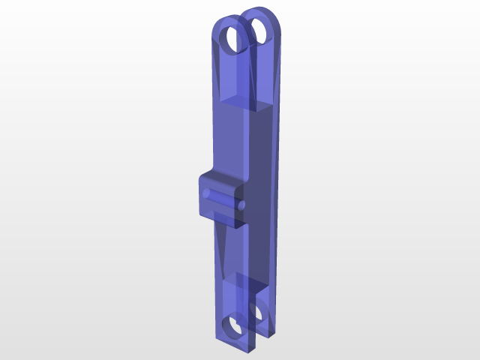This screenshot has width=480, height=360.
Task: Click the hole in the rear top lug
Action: (263, 30)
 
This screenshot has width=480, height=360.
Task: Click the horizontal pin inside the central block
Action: (222, 199)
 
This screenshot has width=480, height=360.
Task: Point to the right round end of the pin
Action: (241, 204)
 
